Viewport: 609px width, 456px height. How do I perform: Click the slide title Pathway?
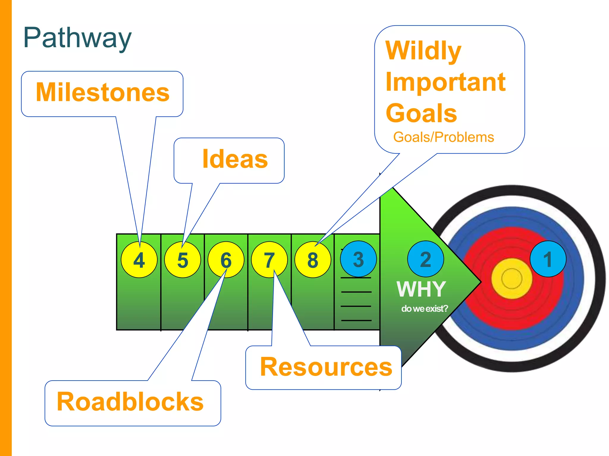[x=77, y=38]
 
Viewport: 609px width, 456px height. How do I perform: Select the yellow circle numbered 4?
[x=139, y=260]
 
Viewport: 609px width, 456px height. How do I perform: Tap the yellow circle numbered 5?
[x=183, y=260]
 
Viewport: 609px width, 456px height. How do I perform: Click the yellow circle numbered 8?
[x=313, y=260]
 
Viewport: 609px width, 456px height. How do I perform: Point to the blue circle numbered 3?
[x=358, y=259]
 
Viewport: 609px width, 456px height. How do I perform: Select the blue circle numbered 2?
[x=426, y=259]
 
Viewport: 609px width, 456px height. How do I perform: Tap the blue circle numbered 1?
[x=548, y=259]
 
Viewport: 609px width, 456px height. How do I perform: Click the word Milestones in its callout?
[x=103, y=92]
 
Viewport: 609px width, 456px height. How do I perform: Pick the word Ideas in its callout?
[x=235, y=159]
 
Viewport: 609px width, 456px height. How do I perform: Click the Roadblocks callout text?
[x=130, y=402]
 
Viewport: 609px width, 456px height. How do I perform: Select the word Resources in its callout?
[x=326, y=367]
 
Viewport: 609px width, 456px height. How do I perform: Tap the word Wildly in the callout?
[x=423, y=50]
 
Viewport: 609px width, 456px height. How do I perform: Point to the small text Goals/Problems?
[x=443, y=137]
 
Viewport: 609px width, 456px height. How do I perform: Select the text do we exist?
[x=424, y=309]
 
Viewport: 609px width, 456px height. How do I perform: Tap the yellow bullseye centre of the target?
[x=511, y=278]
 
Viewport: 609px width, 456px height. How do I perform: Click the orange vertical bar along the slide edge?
[x=6, y=228]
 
